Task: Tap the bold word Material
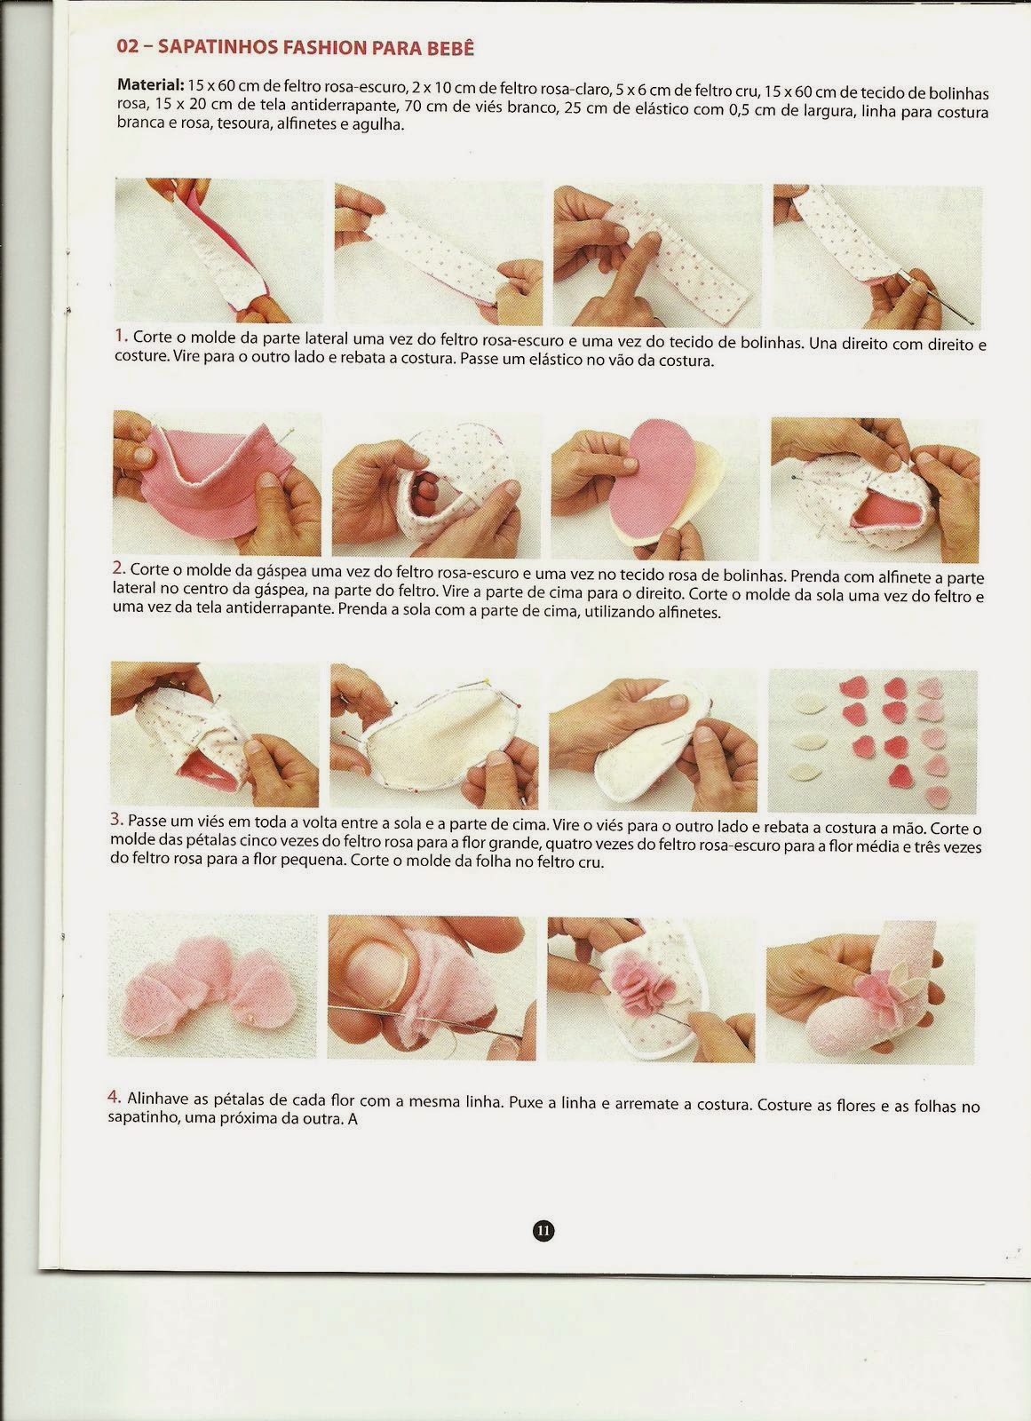click(x=151, y=84)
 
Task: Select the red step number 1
click(x=121, y=334)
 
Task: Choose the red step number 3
click(x=116, y=819)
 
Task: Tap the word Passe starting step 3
click(x=147, y=821)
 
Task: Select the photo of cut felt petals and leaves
click(x=872, y=740)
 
